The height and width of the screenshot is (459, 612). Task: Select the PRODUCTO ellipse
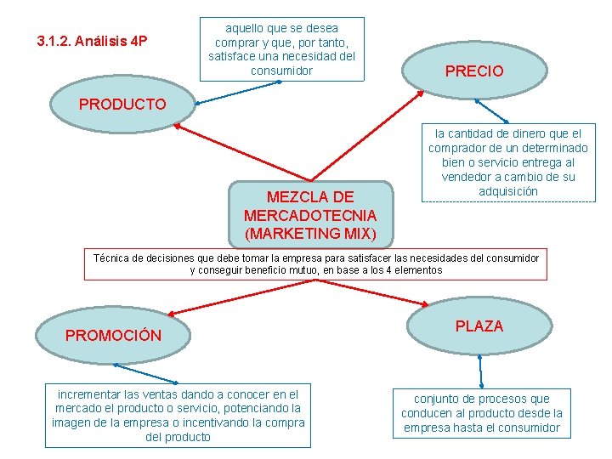[122, 105]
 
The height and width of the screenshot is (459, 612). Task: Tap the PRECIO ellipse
[474, 71]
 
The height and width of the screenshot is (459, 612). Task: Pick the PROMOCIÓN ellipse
[113, 335]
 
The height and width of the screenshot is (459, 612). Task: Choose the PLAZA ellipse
[479, 326]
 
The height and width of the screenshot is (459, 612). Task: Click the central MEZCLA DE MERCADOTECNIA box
[310, 213]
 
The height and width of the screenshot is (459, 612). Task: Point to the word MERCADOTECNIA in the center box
[310, 215]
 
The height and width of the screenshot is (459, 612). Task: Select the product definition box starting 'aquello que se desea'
[281, 49]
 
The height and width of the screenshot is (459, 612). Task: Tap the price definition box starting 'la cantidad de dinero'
[508, 162]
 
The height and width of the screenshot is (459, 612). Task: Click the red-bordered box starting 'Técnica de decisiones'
[315, 263]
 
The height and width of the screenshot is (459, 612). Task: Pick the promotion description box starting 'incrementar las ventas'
[178, 416]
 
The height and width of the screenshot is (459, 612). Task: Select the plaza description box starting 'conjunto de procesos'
[481, 412]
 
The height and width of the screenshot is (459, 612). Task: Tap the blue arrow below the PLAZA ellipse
[481, 371]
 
